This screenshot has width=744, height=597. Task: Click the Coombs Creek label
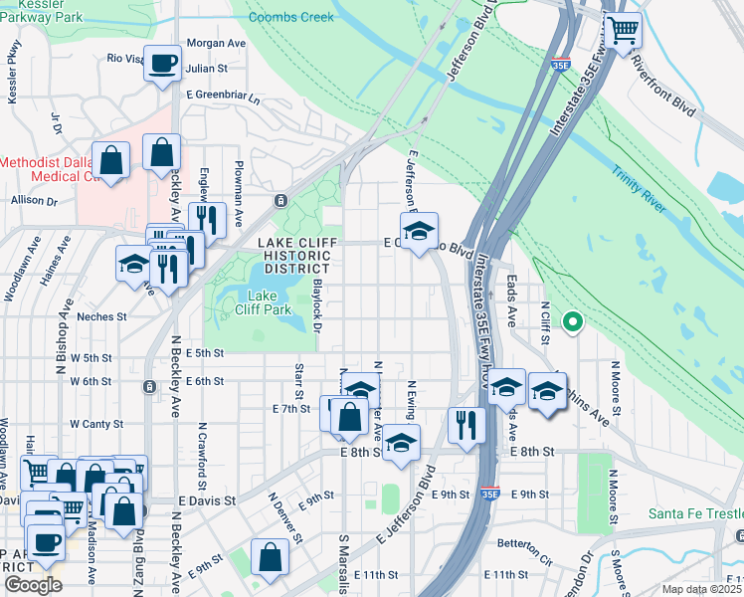(x=291, y=18)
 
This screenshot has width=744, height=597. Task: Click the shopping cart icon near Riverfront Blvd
(x=624, y=30)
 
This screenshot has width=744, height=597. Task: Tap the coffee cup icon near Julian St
(x=163, y=64)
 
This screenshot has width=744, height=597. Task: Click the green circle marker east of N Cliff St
(x=572, y=321)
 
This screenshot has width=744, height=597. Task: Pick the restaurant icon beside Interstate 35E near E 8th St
(x=465, y=424)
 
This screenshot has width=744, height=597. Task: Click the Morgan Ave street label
(x=216, y=44)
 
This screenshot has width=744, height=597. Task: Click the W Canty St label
(x=95, y=424)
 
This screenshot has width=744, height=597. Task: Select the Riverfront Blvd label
(x=665, y=76)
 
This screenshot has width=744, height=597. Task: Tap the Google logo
(x=33, y=585)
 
